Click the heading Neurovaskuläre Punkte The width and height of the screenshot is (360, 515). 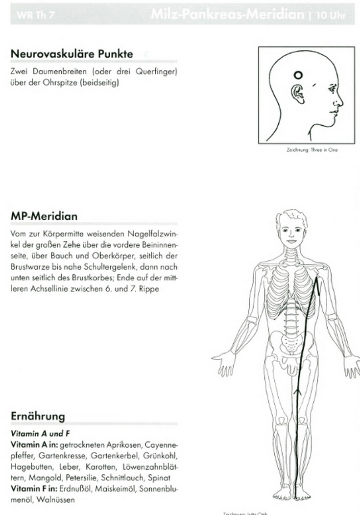point(72,54)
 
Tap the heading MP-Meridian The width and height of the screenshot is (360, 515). point(44,216)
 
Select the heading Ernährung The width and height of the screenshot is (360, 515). point(38,416)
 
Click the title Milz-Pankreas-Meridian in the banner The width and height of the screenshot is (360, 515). point(227,14)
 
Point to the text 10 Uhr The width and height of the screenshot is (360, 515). point(331,15)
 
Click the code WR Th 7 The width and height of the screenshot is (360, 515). point(35,15)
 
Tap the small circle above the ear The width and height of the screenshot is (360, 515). point(297,75)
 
